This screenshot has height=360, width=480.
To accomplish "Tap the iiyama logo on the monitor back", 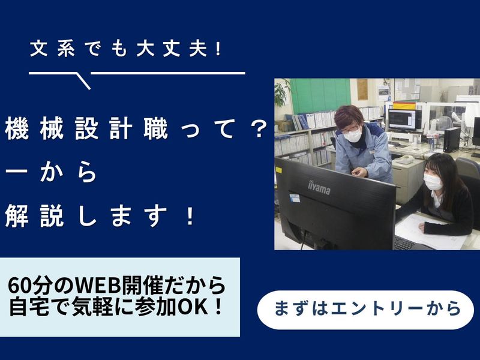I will [319, 187].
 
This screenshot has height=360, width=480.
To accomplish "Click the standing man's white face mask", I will [353, 136].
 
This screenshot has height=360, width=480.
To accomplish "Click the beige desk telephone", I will [405, 160].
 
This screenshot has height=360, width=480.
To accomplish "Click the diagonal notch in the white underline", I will [84, 80].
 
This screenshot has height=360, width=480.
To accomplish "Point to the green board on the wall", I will [320, 95].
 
